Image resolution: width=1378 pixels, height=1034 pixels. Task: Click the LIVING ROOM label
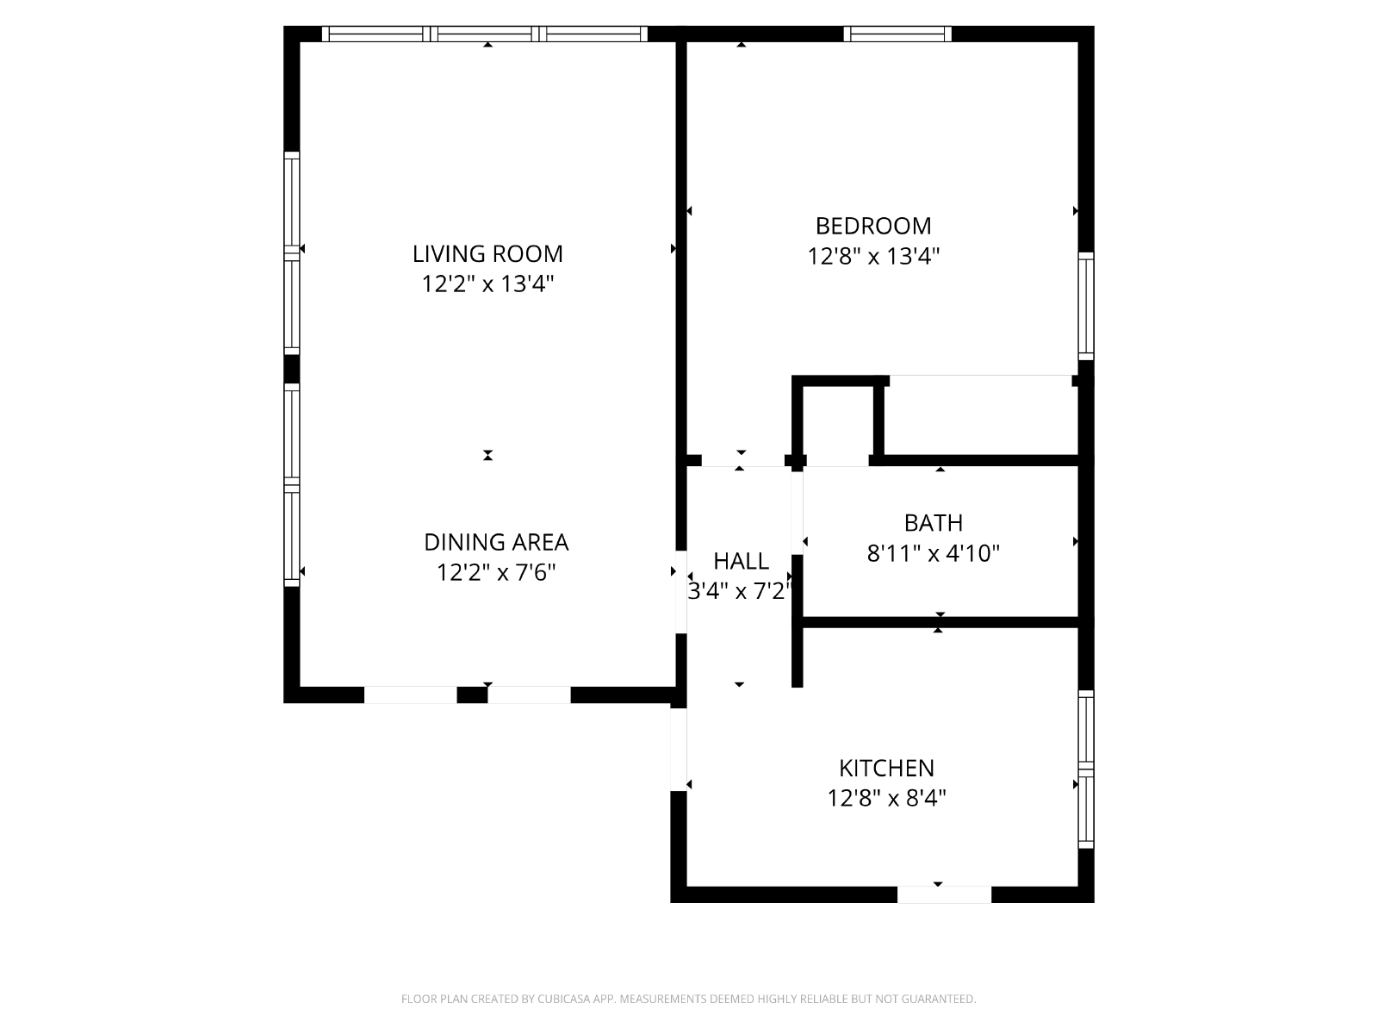point(487,253)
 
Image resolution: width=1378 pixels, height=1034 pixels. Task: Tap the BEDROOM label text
point(872,226)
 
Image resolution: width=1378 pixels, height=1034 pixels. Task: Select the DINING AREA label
point(496,542)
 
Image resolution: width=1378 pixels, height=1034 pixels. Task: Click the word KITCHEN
point(886,768)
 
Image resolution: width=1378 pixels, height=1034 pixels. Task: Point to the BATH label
point(933,522)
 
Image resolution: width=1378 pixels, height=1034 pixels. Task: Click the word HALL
point(741,561)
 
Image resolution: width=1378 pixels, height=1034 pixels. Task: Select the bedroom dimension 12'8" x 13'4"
point(872,256)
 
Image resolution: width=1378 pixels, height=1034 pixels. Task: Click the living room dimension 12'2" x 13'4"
point(487,283)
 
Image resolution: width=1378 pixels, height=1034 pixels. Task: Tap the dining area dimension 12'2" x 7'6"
point(496,572)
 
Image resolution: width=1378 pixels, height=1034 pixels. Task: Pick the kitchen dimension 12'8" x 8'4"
point(886,798)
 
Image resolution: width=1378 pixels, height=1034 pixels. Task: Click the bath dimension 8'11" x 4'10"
point(933,553)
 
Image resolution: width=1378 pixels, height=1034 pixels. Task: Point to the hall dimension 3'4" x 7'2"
point(740,591)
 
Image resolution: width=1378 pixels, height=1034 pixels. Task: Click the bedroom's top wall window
point(897,34)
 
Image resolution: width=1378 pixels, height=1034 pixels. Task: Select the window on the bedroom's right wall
point(1086,306)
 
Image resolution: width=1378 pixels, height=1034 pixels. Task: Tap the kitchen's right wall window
point(1086,769)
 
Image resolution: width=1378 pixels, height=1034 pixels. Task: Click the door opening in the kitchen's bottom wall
point(944,894)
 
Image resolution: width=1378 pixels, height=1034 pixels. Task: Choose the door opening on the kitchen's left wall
point(679,750)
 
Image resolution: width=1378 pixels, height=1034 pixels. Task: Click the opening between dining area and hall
point(680,591)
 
